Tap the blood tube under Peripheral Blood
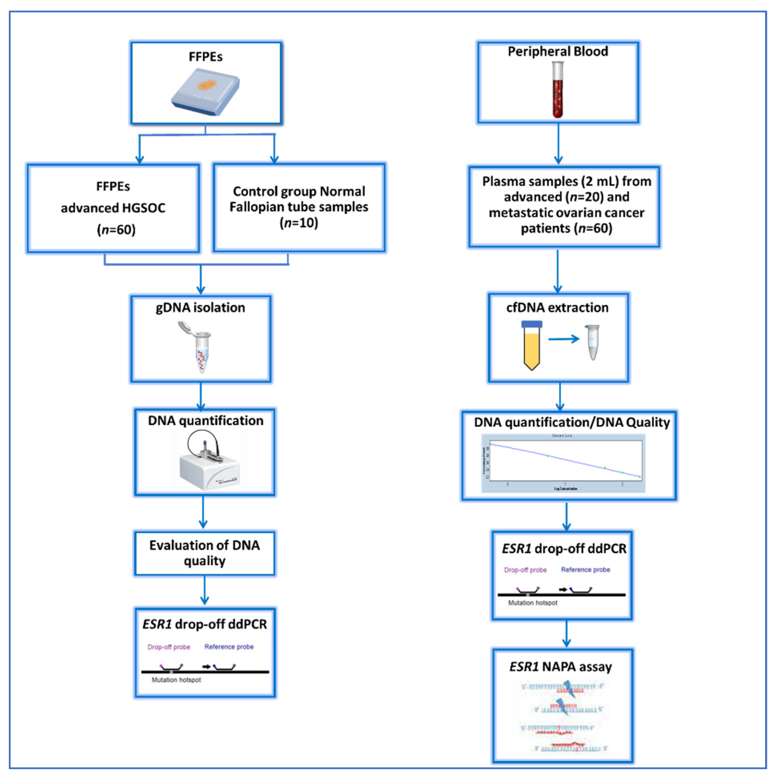pyautogui.click(x=558, y=90)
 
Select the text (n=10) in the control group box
pyautogui.click(x=299, y=223)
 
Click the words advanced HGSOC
pyautogui.click(x=113, y=208)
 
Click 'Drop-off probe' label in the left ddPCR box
pyautogui.click(x=169, y=647)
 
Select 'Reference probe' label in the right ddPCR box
pyautogui.click(x=585, y=569)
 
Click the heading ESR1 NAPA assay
pyautogui.click(x=561, y=667)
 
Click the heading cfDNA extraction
pyautogui.click(x=557, y=308)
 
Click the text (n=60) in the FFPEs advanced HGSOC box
pyautogui.click(x=116, y=230)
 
